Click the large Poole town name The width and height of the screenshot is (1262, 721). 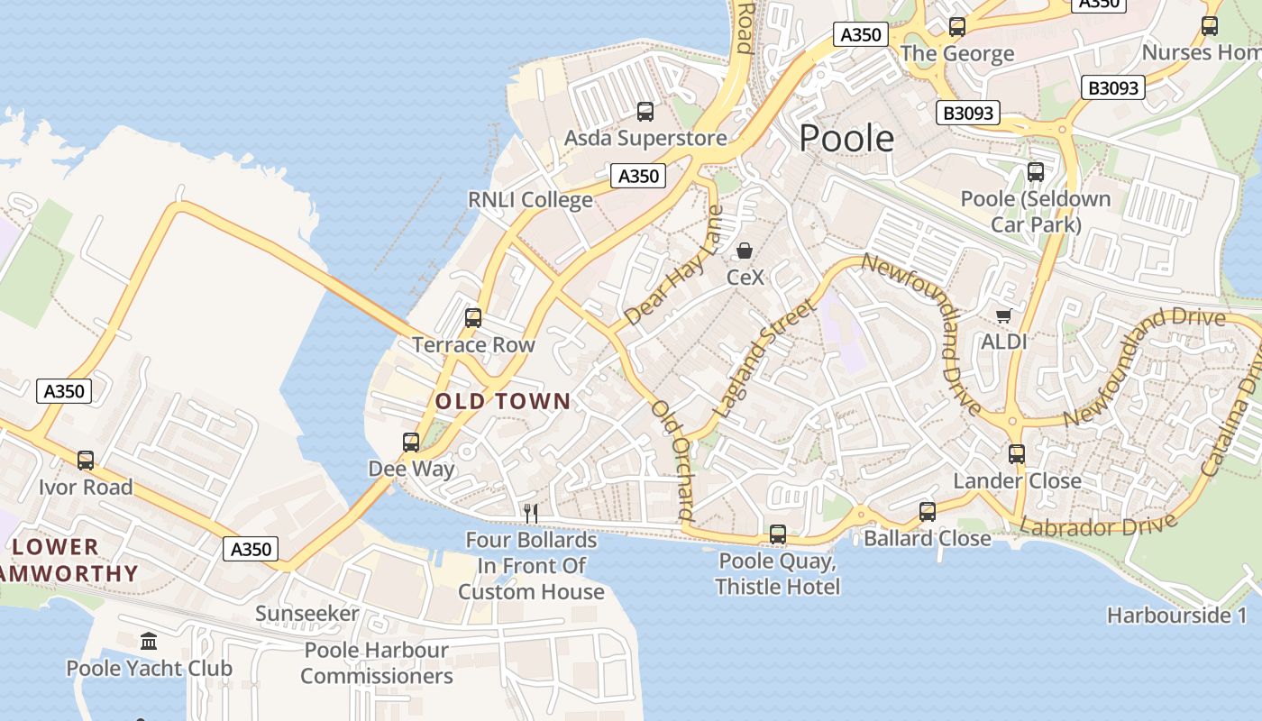point(846,139)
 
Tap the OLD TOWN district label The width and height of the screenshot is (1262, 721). point(503,401)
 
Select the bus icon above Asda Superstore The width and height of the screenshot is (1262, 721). point(645,112)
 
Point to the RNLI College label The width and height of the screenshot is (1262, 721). point(530,199)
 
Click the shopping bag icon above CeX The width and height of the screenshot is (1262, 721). point(745,251)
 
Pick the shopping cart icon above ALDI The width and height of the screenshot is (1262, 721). point(1003,315)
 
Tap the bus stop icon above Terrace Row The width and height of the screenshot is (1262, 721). point(473,318)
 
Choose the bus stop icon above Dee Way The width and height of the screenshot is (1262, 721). point(411,443)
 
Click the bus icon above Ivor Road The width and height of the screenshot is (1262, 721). point(86,461)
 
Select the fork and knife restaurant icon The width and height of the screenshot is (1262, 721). point(531,514)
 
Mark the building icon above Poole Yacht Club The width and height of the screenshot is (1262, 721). point(149,642)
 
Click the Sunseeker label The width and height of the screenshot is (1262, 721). point(307,614)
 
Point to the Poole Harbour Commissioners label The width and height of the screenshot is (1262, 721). point(377,662)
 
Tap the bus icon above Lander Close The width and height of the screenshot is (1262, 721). point(1017,454)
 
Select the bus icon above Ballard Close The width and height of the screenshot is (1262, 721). point(928,512)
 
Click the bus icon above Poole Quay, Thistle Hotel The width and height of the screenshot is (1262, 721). point(778,534)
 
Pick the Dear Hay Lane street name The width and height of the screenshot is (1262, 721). point(674,266)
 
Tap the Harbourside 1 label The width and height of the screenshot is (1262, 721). point(1177,616)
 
